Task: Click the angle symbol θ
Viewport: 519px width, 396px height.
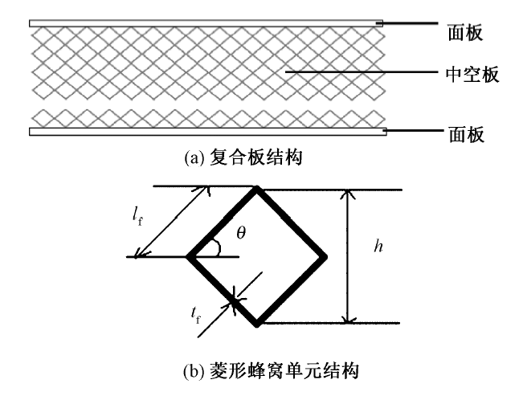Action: pos(241,232)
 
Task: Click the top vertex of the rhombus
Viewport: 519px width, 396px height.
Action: pos(257,190)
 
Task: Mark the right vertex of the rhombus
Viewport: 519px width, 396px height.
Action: pos(325,257)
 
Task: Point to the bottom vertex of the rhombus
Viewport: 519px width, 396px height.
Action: pos(257,324)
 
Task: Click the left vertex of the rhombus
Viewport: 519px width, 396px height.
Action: pos(190,257)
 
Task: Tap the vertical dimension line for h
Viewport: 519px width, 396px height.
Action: pos(347,257)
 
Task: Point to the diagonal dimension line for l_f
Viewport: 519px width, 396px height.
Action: pos(173,223)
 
